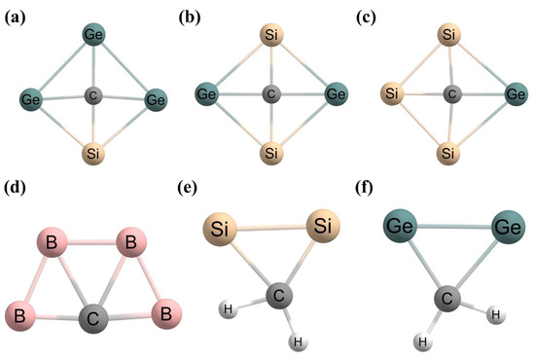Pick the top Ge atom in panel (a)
[94, 36]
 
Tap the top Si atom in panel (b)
[273, 37]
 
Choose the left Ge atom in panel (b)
[207, 95]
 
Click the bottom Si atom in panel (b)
[273, 154]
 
